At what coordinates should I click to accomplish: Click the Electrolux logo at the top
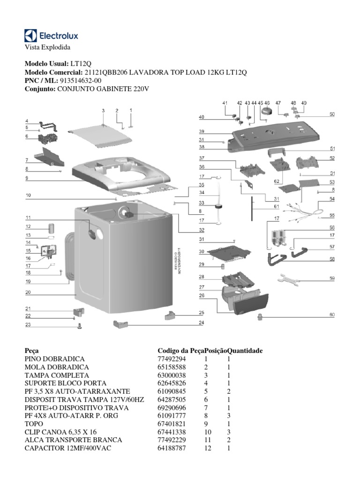tap(51, 35)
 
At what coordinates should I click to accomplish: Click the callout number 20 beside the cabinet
tap(28, 292)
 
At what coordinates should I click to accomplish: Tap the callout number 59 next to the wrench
tap(332, 278)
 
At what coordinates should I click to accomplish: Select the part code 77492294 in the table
tap(172, 359)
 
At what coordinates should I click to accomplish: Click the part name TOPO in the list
tap(33, 423)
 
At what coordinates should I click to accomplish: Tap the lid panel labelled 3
tap(99, 135)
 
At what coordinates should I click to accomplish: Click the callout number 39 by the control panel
tap(201, 131)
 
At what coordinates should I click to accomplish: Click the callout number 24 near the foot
tap(201, 322)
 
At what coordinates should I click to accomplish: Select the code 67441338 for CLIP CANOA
tap(172, 432)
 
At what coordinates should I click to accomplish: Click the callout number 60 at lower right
tap(332, 315)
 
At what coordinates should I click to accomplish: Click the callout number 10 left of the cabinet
tap(28, 195)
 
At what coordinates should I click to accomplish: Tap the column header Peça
tap(31, 350)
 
